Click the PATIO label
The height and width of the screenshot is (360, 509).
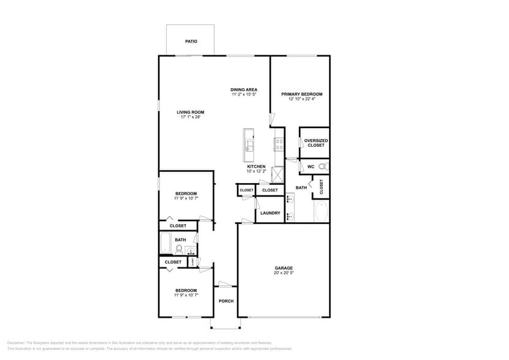tap(191, 42)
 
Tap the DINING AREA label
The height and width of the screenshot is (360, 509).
tap(244, 89)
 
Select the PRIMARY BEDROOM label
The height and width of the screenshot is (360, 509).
tap(301, 94)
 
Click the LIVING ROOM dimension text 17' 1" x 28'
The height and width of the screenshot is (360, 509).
tap(190, 117)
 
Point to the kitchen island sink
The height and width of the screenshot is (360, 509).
tap(249, 146)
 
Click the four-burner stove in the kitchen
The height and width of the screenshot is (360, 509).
tap(279, 145)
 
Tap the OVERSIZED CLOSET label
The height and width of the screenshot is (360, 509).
tap(316, 143)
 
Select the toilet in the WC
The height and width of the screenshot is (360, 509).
tap(325, 167)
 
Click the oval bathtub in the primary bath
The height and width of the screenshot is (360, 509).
tap(321, 212)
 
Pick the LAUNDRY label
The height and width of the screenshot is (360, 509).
tap(270, 213)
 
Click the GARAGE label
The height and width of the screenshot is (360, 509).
tap(284, 268)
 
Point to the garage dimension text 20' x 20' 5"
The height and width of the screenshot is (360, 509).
tap(284, 273)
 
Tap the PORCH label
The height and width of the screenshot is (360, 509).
tap(227, 301)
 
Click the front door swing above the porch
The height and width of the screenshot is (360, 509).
tap(226, 284)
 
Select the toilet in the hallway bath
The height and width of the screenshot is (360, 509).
tap(179, 249)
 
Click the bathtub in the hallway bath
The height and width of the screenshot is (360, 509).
tap(165, 244)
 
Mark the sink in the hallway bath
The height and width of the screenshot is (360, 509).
tap(190, 250)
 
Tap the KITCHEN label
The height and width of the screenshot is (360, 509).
tap(256, 167)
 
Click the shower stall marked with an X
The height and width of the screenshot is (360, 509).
tap(278, 174)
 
